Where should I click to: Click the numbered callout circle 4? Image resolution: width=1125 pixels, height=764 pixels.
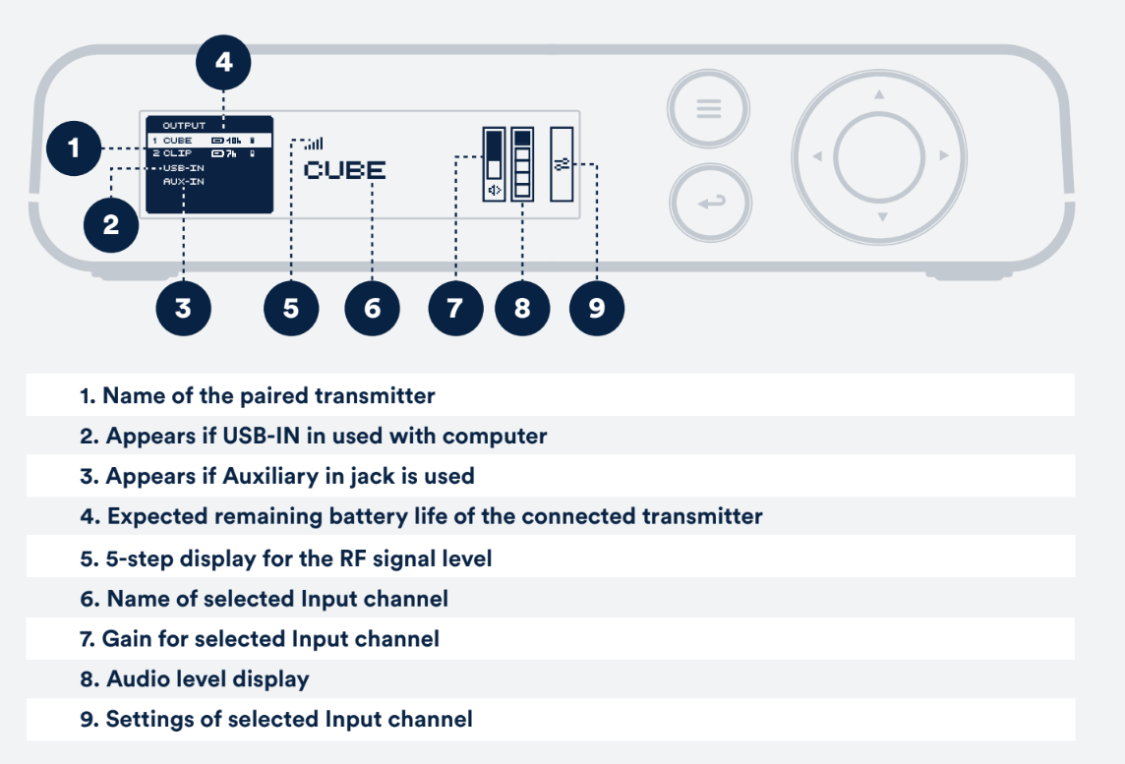[x=223, y=62]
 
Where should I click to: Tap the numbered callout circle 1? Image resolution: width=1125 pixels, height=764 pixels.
[x=73, y=148]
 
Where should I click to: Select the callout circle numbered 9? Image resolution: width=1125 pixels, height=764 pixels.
[x=596, y=309]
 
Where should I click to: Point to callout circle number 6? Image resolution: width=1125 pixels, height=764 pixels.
[x=372, y=309]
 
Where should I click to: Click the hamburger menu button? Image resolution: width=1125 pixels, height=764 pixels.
[x=709, y=108]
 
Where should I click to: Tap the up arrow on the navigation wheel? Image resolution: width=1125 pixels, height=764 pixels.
[x=879, y=94]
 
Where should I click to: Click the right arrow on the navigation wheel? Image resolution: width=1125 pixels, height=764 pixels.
[x=944, y=155]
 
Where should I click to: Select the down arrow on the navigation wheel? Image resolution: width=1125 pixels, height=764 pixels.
[x=882, y=216]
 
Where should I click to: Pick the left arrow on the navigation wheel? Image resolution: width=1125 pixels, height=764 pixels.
[x=816, y=155]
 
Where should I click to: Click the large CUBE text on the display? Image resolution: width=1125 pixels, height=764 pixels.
[x=345, y=170]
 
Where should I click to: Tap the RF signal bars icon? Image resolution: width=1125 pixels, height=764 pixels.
[x=314, y=144]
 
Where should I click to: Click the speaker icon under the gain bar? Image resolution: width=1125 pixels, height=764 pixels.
[x=495, y=190]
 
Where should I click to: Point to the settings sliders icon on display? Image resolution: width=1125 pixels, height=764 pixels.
[x=562, y=165]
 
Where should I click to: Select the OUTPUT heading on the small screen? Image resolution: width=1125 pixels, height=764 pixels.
[x=184, y=126]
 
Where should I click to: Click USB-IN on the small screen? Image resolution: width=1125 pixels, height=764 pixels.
[x=184, y=168]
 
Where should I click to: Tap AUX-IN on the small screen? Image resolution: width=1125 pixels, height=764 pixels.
[x=184, y=182]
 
